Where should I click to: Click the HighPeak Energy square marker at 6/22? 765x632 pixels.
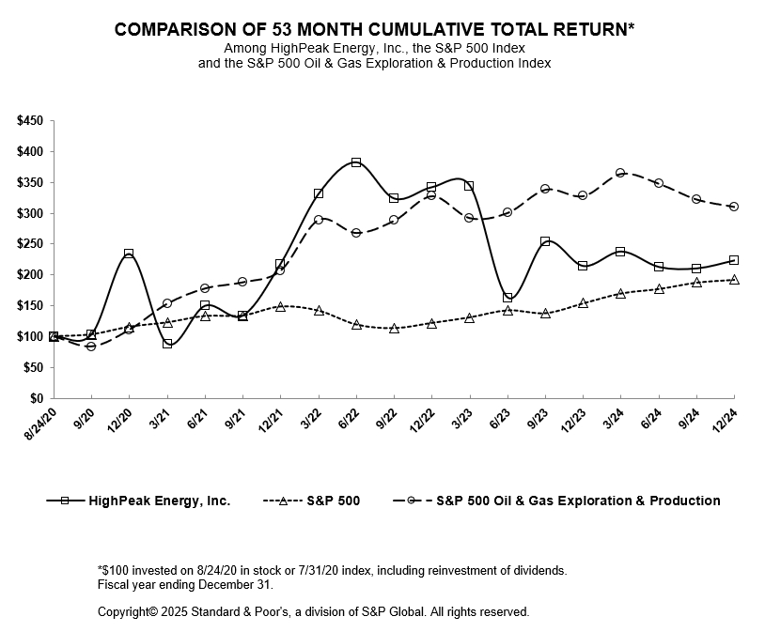(x=356, y=162)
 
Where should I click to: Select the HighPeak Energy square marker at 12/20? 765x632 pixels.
(x=129, y=254)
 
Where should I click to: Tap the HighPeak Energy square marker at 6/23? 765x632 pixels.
(x=507, y=298)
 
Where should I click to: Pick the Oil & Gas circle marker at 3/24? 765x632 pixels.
(x=620, y=174)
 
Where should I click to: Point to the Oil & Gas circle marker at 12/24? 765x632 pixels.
(x=734, y=207)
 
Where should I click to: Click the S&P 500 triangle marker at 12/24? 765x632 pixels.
(x=734, y=280)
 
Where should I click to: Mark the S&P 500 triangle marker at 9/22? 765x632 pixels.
(x=394, y=329)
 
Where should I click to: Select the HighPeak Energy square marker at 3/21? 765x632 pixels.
(x=167, y=344)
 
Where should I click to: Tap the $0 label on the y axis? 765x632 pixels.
(x=37, y=398)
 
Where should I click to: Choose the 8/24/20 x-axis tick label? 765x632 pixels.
(x=41, y=424)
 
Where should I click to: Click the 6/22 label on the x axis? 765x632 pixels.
(x=348, y=419)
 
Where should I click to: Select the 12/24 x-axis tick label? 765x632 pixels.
(x=724, y=420)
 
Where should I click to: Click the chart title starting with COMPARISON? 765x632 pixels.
(x=374, y=29)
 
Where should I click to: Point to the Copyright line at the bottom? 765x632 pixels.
(x=313, y=612)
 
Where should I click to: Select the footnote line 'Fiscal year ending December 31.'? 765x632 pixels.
(x=185, y=584)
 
